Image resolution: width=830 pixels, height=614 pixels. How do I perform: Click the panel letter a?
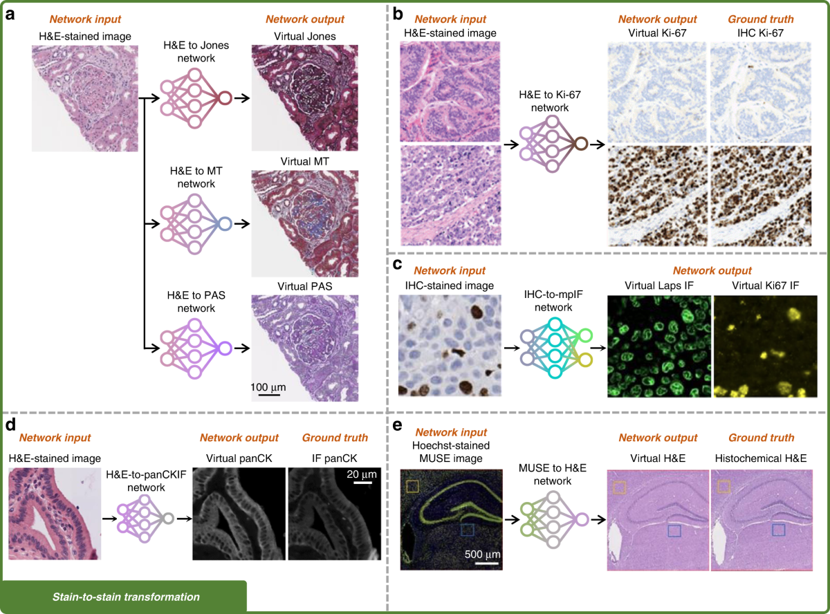(10, 13)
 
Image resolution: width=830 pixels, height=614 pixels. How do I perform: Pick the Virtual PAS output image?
(305, 348)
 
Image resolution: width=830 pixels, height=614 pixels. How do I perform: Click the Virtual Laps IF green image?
(659, 347)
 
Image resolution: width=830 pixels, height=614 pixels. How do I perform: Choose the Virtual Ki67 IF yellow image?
(766, 347)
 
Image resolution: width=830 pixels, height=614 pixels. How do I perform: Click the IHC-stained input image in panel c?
(448, 347)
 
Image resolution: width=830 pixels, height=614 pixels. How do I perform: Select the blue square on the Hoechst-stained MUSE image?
(468, 530)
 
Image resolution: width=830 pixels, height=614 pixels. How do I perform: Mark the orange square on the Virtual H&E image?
(619, 487)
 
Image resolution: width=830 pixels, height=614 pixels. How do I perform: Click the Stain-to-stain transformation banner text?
(126, 597)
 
